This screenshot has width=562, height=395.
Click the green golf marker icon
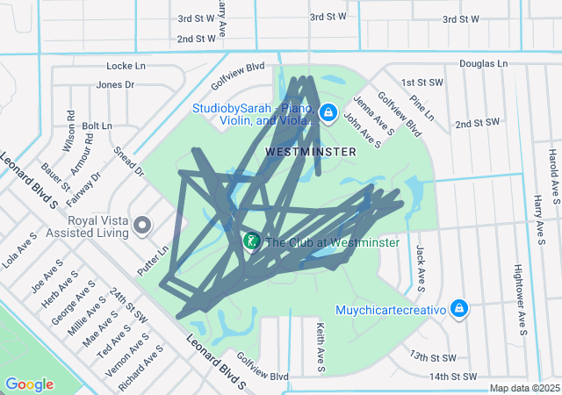coord(251,241)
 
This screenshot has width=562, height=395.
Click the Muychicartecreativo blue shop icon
coord(458,308)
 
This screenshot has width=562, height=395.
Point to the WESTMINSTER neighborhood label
coord(311,152)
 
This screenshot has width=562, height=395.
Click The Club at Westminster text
coord(332,242)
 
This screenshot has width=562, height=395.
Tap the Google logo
coord(30,384)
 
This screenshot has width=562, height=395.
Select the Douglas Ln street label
coord(483,64)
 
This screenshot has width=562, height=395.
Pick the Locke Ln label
coord(126,66)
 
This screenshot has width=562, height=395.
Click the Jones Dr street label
coord(115,85)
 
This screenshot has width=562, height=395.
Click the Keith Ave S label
coord(321,348)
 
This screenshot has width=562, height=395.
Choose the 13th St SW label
coord(432,357)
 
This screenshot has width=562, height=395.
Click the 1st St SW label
coord(421,83)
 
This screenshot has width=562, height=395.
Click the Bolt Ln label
coord(97,126)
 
